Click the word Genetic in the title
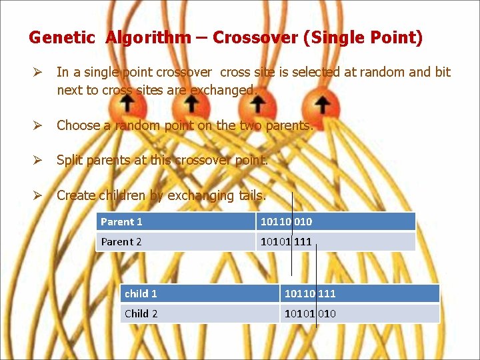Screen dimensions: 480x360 (x=62, y=38)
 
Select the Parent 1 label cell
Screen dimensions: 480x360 (x=176, y=221)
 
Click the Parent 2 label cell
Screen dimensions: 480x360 (x=176, y=241)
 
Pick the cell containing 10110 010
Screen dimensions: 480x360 (x=335, y=221)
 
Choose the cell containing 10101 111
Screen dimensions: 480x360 (x=335, y=241)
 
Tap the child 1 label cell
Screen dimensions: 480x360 (x=200, y=293)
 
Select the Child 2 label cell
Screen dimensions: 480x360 (x=200, y=313)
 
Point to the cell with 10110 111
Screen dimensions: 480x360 (x=359, y=293)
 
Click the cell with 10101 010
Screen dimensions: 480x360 (x=359, y=313)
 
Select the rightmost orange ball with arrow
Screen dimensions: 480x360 (x=323, y=105)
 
